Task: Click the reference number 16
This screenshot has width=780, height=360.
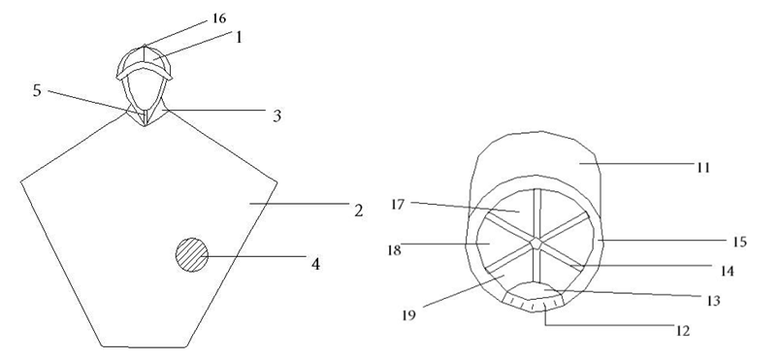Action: pyautogui.click(x=219, y=18)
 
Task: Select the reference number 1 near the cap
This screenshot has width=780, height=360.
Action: pyautogui.click(x=239, y=37)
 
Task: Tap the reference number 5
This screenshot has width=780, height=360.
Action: pyautogui.click(x=37, y=91)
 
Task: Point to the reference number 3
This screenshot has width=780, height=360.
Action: pyautogui.click(x=277, y=115)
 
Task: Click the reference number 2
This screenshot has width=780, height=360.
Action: pyautogui.click(x=359, y=211)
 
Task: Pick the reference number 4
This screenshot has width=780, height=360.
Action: pyautogui.click(x=315, y=264)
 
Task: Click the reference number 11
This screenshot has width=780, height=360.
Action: pyautogui.click(x=702, y=168)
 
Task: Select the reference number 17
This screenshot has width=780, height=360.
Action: pyautogui.click(x=398, y=205)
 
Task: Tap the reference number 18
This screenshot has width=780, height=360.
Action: pyautogui.click(x=394, y=249)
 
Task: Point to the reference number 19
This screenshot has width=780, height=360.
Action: pyautogui.click(x=408, y=315)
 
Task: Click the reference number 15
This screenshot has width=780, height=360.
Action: pyautogui.click(x=740, y=243)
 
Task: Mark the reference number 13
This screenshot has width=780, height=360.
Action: pyautogui.click(x=713, y=302)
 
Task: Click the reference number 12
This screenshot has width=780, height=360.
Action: pyautogui.click(x=684, y=331)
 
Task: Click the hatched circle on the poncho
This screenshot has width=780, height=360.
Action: pyautogui.click(x=192, y=254)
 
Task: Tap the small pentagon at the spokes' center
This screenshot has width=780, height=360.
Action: pyautogui.click(x=536, y=244)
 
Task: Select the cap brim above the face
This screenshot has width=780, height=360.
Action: pyautogui.click(x=145, y=70)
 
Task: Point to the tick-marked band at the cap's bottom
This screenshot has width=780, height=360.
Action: pyautogui.click(x=533, y=302)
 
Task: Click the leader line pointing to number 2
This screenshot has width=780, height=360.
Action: pyautogui.click(x=299, y=204)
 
